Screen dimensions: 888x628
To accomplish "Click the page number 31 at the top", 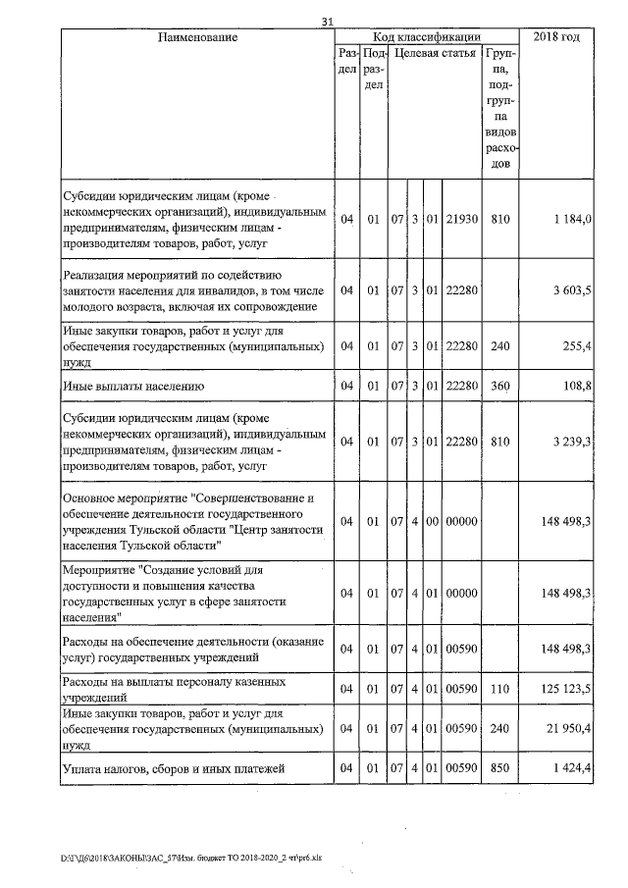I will coord(328,22).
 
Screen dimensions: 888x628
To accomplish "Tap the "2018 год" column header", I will coord(555,37).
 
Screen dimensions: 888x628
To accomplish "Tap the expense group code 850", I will coord(500,769).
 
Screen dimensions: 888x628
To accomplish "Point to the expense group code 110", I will coord(500,691).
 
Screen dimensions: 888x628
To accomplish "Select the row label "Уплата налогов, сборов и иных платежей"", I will coord(174,769).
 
